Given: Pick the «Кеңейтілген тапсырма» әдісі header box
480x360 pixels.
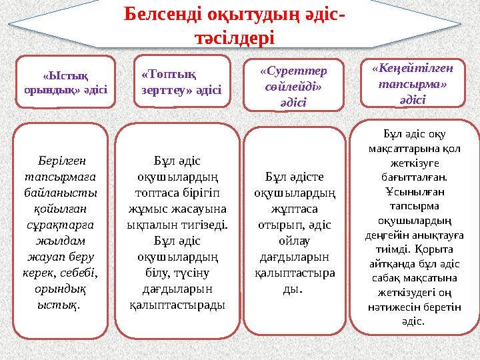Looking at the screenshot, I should (412, 83).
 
